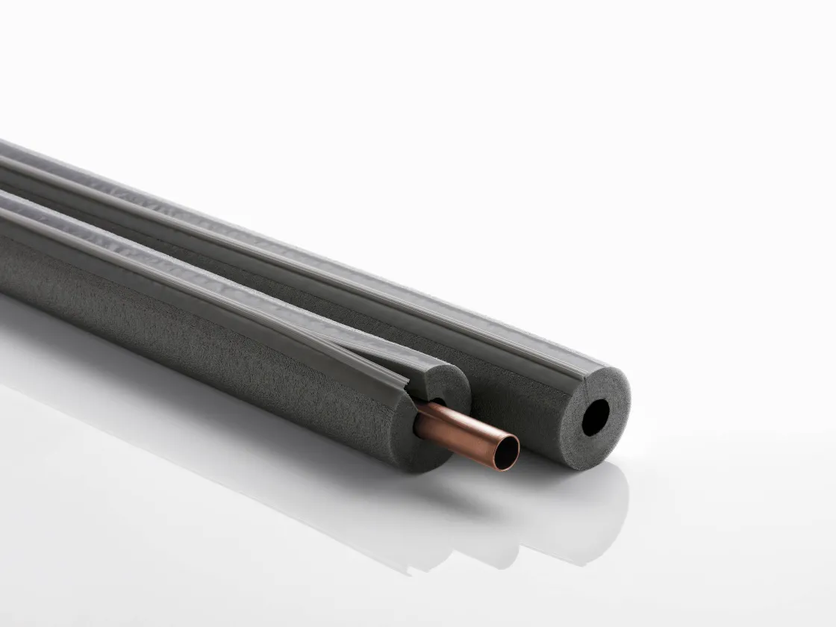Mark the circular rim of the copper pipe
[x=517, y=440]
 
